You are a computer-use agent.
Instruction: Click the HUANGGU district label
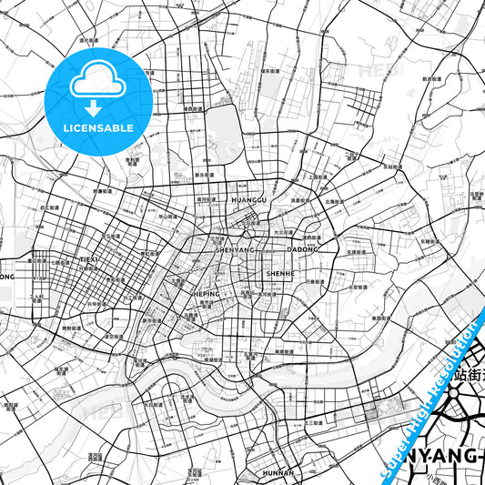[249, 198]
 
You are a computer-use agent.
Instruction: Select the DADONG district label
[303, 248]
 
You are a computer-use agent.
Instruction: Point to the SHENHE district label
[279, 272]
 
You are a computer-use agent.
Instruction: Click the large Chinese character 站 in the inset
[449, 374]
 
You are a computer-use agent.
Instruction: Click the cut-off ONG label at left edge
[7, 276]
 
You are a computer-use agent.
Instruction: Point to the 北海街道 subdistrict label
[330, 200]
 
